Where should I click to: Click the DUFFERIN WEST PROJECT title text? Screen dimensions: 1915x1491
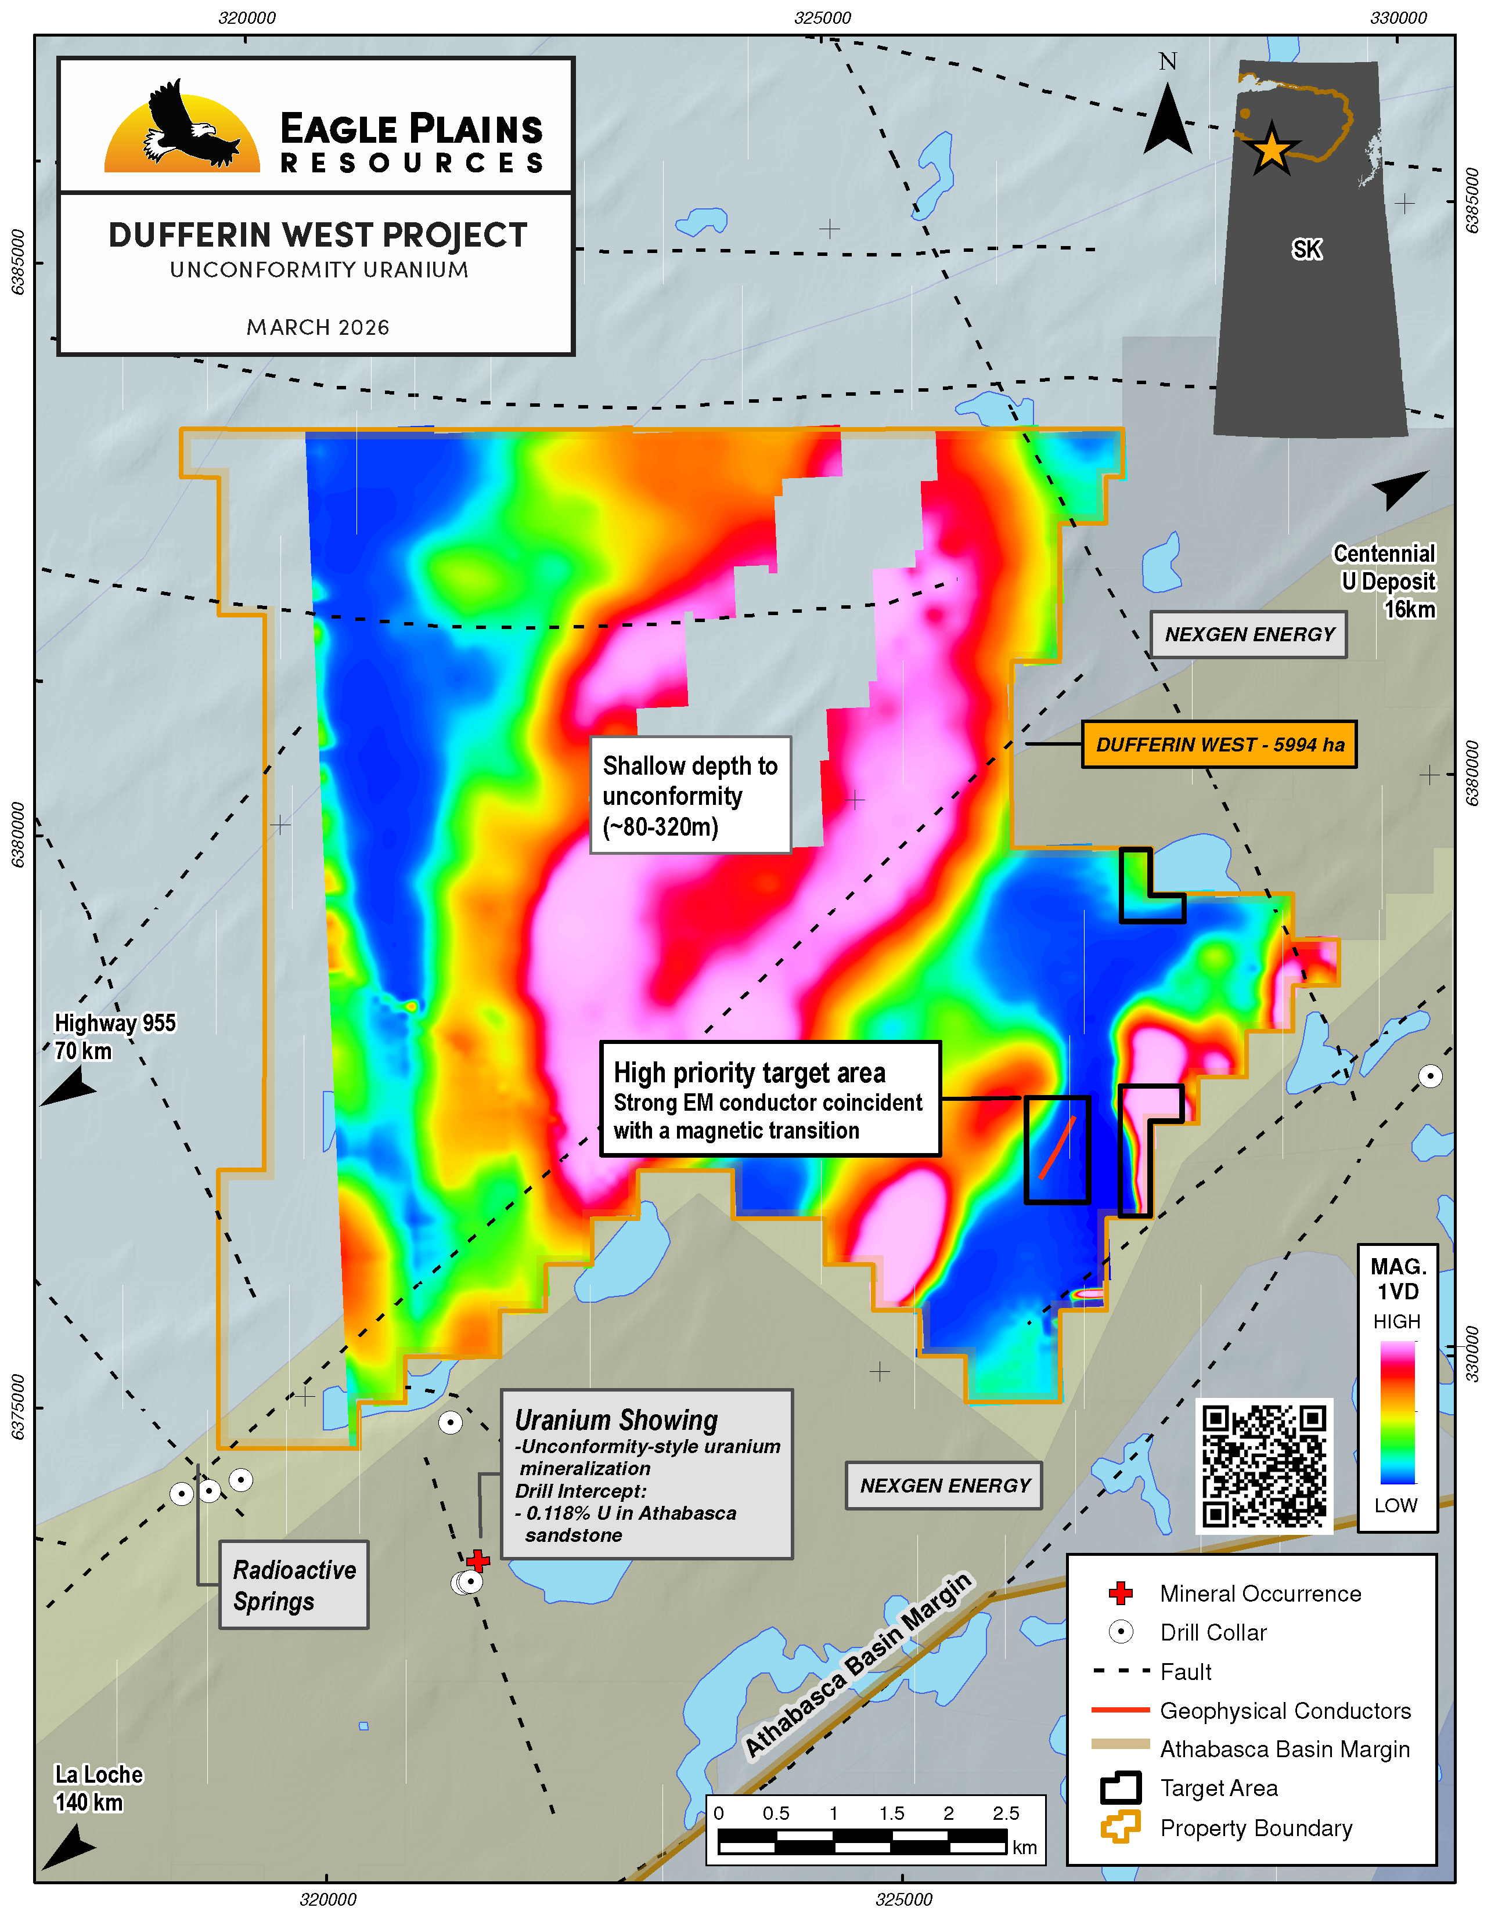click(x=318, y=235)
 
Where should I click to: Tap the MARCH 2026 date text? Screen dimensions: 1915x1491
click(x=318, y=327)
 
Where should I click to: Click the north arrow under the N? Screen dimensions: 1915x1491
click(x=1168, y=123)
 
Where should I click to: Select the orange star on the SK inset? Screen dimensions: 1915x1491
click(x=1271, y=149)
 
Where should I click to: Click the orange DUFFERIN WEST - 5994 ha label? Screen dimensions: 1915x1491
click(x=1219, y=745)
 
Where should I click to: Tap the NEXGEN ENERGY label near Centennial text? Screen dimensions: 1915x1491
click(x=1249, y=634)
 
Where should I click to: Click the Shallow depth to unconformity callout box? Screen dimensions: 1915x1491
click(x=690, y=795)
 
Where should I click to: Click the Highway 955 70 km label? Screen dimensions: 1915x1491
click(x=114, y=1036)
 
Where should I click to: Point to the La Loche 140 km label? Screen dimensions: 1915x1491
click(x=98, y=1788)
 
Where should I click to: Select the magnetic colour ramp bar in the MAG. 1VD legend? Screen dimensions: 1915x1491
click(x=1397, y=1412)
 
